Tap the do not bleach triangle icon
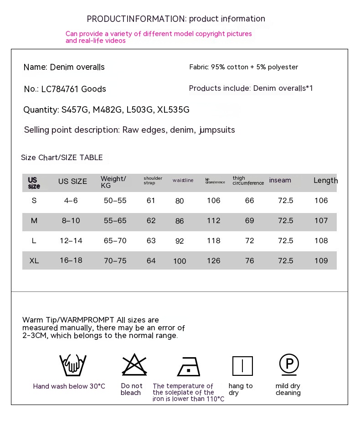pos(134,364)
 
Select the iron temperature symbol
pos(188,366)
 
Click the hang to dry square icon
pos(242,366)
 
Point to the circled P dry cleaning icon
pos(289,364)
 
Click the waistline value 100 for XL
pos(180,261)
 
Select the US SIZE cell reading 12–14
pos(71,240)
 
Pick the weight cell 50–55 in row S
pos(115,200)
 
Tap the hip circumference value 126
pos(213,261)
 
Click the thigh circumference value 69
pos(249,220)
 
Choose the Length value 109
pos(321,260)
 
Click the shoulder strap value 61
pos(151,200)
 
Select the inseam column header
pos(280,180)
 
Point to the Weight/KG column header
pos(113,182)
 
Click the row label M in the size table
pos(34,220)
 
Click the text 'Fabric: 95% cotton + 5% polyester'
pos(243,67)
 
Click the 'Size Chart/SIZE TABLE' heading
pos(62,157)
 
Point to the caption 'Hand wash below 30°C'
pos(69,386)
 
